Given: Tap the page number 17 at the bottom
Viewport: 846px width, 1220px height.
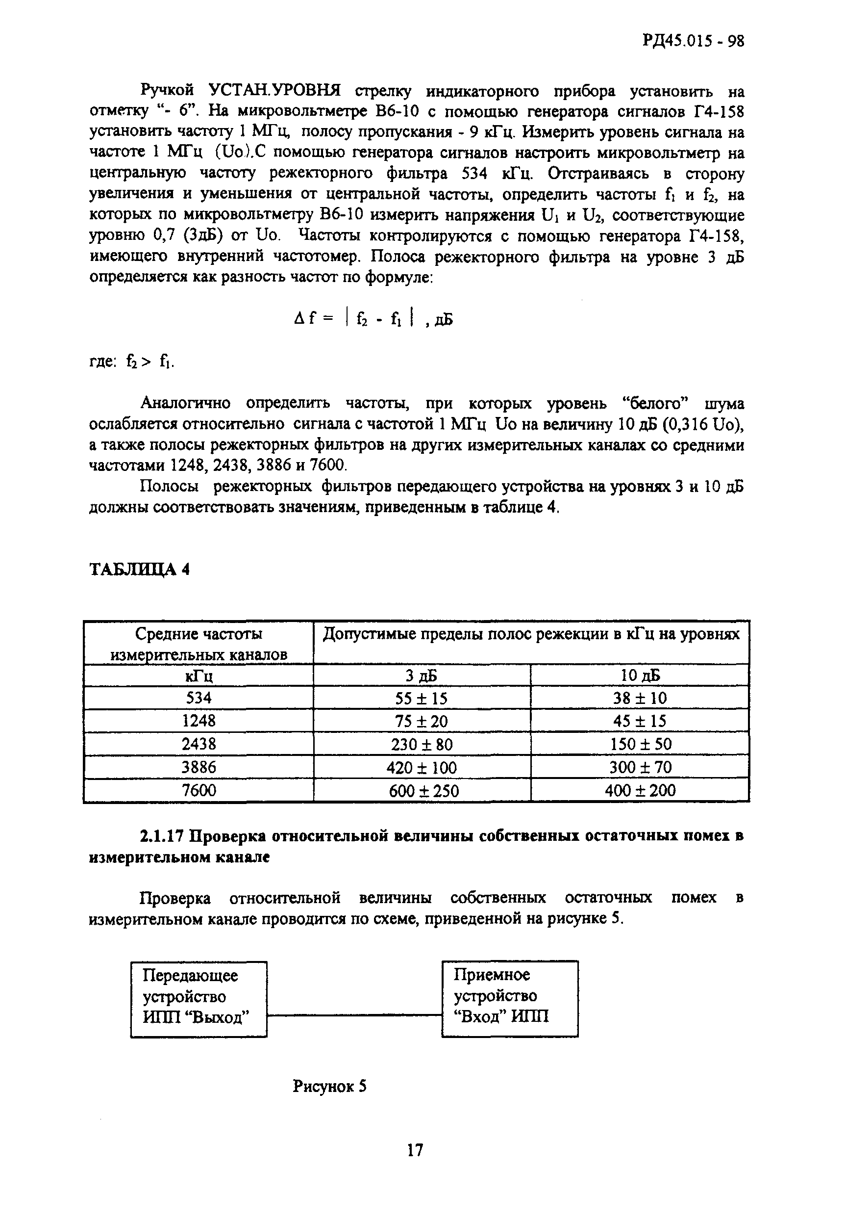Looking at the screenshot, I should point(415,1149).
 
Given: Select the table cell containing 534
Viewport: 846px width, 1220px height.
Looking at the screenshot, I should point(199,698).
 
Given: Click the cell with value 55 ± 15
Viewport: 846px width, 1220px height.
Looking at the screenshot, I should point(422,698).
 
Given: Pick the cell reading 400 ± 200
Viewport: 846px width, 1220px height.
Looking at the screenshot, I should point(640,790).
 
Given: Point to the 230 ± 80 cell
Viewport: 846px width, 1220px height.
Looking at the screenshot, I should point(422,744).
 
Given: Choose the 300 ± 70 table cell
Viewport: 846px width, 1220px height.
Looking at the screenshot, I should point(640,767).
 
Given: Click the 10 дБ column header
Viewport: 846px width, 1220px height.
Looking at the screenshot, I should point(640,675).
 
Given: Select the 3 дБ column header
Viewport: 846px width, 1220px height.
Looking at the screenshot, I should point(422,675).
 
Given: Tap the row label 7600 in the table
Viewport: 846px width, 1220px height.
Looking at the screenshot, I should point(199,790).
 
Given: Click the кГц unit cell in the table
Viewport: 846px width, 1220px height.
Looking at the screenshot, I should point(199,676).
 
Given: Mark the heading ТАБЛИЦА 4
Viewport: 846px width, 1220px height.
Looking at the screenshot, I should point(139,569).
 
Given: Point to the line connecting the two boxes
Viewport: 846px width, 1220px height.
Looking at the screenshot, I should point(354,1015).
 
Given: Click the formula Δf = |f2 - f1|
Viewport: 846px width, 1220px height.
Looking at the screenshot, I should point(366,318).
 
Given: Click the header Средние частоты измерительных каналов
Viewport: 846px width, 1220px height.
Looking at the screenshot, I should point(199,644).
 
